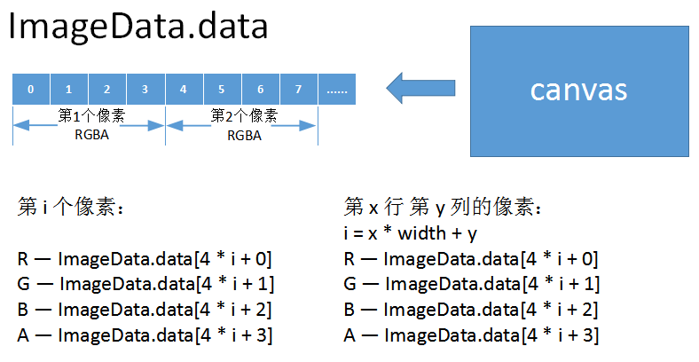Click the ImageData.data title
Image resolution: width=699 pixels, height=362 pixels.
point(137,27)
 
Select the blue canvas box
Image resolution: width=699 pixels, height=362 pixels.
point(578,90)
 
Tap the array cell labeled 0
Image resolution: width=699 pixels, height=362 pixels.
point(31,90)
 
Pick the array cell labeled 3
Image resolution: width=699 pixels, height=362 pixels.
point(145,90)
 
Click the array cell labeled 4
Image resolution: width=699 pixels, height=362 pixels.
point(183,90)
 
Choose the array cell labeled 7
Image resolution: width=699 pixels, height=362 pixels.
point(298,90)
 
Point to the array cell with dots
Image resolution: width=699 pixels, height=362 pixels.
point(337,90)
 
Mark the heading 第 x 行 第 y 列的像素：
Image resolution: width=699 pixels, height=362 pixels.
point(443,208)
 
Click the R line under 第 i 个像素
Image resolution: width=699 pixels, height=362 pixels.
point(144,259)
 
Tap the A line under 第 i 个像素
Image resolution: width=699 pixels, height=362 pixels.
point(144,335)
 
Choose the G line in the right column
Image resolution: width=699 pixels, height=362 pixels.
point(470,285)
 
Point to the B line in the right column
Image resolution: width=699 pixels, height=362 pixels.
point(470,310)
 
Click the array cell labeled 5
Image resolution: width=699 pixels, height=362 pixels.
point(221,90)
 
